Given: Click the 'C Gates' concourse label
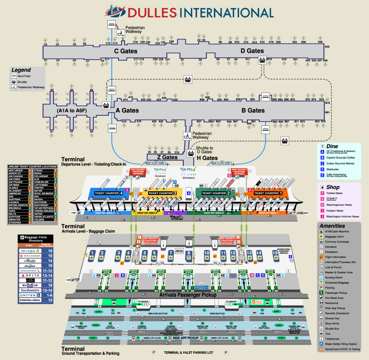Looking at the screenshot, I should pyautogui.click(x=125, y=51).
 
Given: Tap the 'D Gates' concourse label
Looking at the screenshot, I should pyautogui.click(x=252, y=51).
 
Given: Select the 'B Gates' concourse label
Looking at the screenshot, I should pyautogui.click(x=253, y=110).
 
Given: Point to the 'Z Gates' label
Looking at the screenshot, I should pyautogui.click(x=167, y=157).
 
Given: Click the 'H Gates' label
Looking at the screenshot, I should pyautogui.click(x=207, y=158).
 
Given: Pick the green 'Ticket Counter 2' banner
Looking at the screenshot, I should pyautogui.click(x=216, y=193).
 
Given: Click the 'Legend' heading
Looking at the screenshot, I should pyautogui.click(x=21, y=70).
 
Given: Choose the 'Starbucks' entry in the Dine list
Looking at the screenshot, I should pyautogui.click(x=332, y=169).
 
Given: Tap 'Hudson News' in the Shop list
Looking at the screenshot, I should pyautogui.click(x=335, y=211).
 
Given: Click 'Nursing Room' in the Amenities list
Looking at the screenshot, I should pyautogui.click(x=334, y=278).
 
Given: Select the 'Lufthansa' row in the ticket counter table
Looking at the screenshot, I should pyautogui.click(x=41, y=185).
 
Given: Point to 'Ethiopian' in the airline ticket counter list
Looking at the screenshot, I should pyautogui.click(x=15, y=222).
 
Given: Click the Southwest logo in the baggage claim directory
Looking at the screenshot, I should pyautogui.click(x=30, y=290).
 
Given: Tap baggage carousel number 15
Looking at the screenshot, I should pyautogui.click(x=275, y=253).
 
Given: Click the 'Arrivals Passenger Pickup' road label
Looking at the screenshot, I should pyautogui.click(x=188, y=295).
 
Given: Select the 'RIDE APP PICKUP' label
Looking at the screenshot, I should pyautogui.click(x=185, y=338).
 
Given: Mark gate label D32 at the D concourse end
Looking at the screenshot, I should pyautogui.click(x=327, y=47).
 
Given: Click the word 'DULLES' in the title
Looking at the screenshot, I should pyautogui.click(x=152, y=13).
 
